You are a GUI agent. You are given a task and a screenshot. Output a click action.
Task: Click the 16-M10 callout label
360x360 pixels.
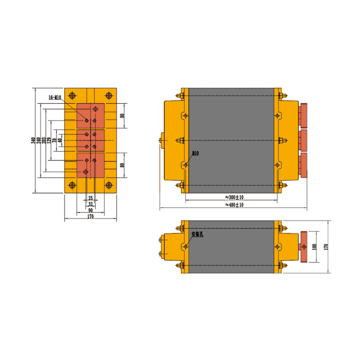pyautogui.click(x=55, y=98)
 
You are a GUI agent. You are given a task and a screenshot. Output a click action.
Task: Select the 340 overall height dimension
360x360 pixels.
pyautogui.click(x=33, y=140)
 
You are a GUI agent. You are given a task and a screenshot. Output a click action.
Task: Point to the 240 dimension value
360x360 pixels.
pyautogui.click(x=39, y=140)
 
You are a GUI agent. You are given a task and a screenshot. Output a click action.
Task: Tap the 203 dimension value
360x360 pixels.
pyautogui.click(x=44, y=140)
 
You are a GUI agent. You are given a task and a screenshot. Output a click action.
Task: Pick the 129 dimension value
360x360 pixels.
pyautogui.click(x=49, y=140)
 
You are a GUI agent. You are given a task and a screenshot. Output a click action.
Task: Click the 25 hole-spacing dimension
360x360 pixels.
pyautogui.click(x=90, y=198)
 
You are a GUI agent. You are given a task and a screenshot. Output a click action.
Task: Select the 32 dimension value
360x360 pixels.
pyautogui.click(x=90, y=204)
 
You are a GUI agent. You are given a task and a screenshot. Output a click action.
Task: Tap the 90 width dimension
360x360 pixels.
pyautogui.click(x=90, y=210)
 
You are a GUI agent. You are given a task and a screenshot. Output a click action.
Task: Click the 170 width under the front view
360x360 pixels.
pyautogui.click(x=90, y=216)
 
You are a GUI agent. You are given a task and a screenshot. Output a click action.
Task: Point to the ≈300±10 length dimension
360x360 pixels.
pyautogui.click(x=234, y=197)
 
